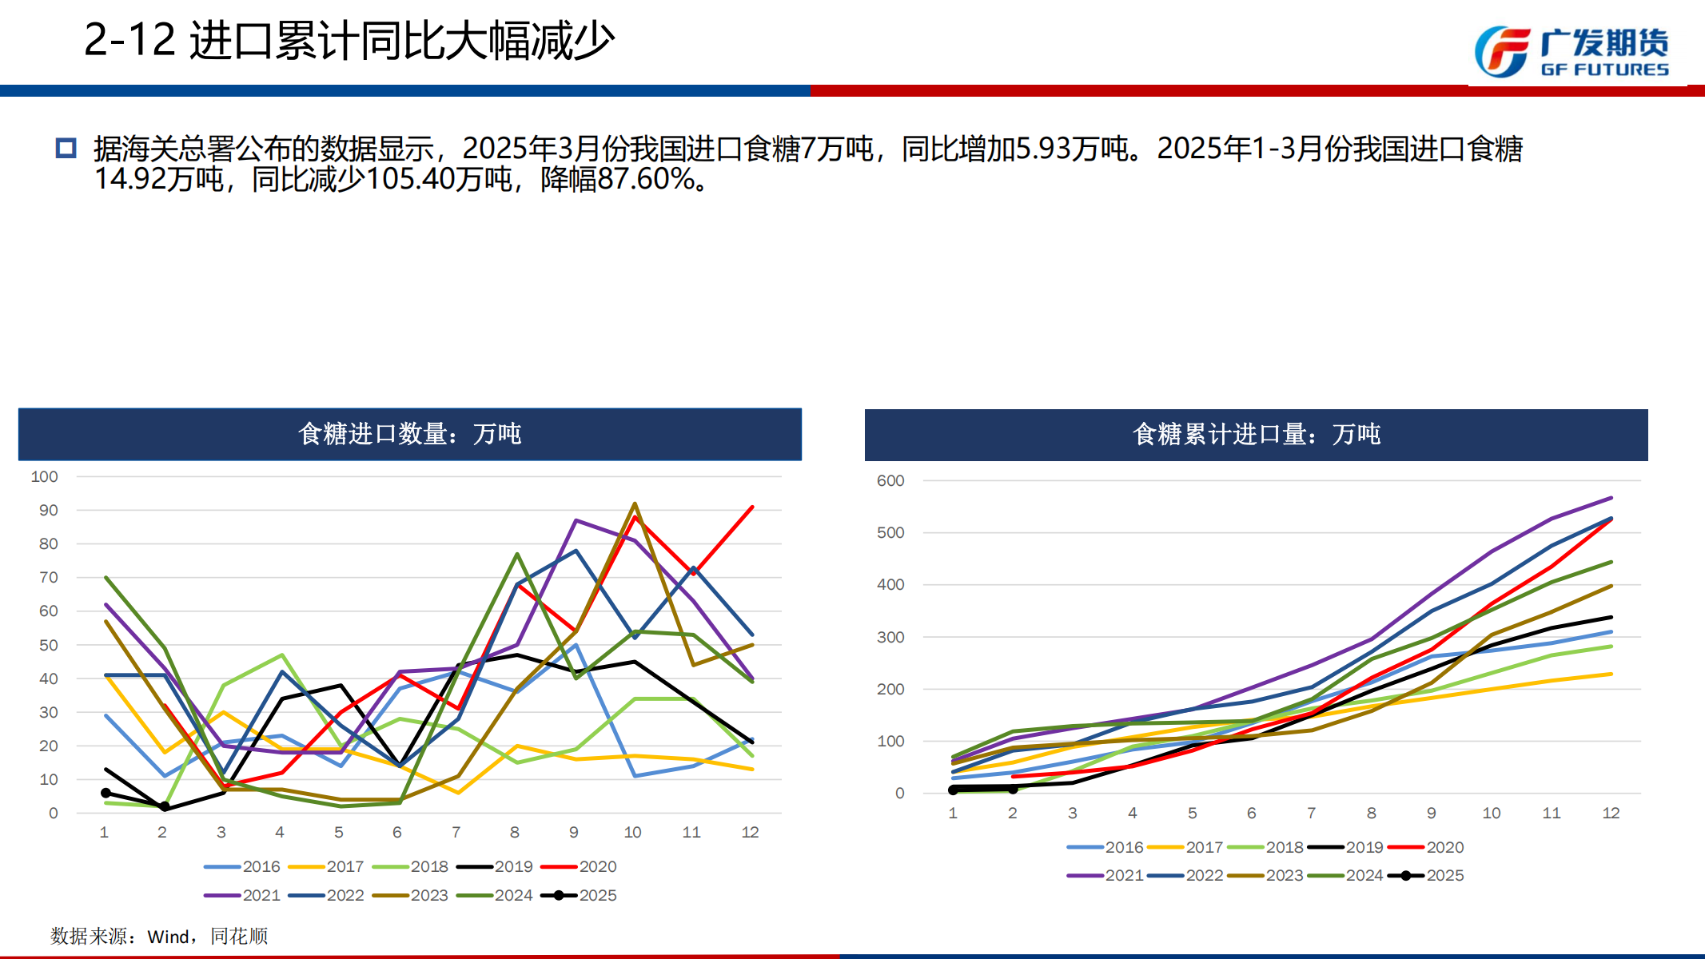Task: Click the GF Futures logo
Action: point(1572,52)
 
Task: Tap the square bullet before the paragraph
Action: point(66,148)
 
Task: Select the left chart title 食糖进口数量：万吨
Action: point(409,434)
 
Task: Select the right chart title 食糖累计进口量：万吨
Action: point(1256,434)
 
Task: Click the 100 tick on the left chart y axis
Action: point(45,476)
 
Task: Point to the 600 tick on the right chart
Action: point(890,480)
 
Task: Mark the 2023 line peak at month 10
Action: point(635,503)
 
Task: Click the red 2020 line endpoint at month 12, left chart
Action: point(752,507)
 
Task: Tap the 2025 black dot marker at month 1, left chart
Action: point(106,793)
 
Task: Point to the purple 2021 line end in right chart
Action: point(1611,498)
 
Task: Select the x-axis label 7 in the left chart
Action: point(456,832)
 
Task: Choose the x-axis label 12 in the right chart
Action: point(1611,813)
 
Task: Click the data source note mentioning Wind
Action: point(159,936)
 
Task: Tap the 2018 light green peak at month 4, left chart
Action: point(282,655)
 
